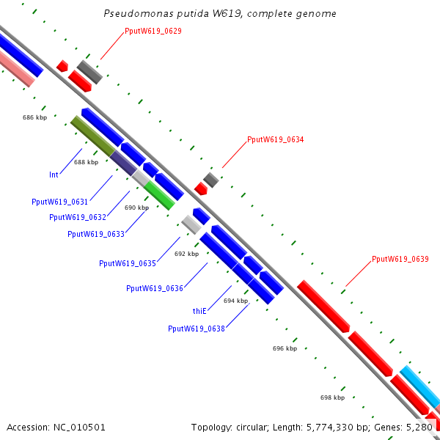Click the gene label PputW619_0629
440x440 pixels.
[x=153, y=31]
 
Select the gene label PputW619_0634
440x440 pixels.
[x=275, y=139]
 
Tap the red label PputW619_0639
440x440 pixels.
[x=400, y=259]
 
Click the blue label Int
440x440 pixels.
[x=54, y=175]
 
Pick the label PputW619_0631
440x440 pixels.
[x=59, y=202]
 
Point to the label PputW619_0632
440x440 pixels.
[x=78, y=217]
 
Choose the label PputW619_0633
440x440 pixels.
[x=95, y=234]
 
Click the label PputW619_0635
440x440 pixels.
[x=127, y=263]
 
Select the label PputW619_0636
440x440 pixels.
[x=154, y=288]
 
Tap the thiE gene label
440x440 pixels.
[x=200, y=311]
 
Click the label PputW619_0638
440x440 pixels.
[x=196, y=329]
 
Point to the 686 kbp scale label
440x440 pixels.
[x=34, y=117]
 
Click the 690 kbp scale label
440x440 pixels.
[x=136, y=208]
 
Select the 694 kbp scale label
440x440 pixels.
[x=236, y=301]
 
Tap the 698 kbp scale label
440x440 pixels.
[x=332, y=397]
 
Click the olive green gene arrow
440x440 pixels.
[x=92, y=135]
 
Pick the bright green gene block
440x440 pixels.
[x=159, y=195]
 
